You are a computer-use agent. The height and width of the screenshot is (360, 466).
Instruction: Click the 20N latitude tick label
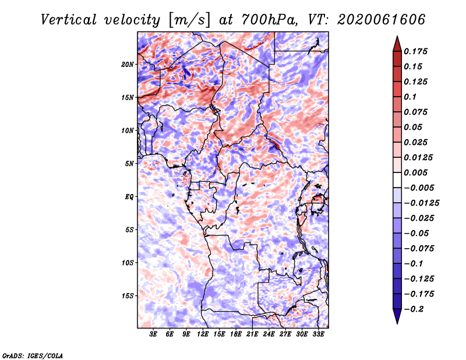tap(128, 65)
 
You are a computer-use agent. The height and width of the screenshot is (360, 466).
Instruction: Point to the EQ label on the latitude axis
tap(129, 197)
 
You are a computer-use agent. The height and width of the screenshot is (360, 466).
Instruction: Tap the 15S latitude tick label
tap(128, 296)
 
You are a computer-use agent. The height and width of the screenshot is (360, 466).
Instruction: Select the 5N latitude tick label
tap(129, 164)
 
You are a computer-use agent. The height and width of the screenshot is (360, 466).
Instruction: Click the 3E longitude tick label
tap(153, 334)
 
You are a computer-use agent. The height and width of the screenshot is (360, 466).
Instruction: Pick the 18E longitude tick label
tap(236, 334)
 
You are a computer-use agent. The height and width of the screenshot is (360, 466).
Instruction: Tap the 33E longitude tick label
tap(318, 334)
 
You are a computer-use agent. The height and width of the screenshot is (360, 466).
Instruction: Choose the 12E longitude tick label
tap(203, 334)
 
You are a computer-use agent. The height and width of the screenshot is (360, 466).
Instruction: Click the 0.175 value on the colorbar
tap(415, 51)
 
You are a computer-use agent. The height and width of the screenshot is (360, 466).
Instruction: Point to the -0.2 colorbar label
tap(414, 309)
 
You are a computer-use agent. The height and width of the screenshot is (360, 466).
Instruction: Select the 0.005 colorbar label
tap(415, 172)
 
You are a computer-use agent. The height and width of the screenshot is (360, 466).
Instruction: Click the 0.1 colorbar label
tap(410, 97)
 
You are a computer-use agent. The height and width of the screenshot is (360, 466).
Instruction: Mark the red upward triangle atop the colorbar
tap(397, 44)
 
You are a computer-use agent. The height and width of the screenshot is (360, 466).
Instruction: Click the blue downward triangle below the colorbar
tap(397, 316)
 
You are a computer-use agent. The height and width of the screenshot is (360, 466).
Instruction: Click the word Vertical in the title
tap(69, 20)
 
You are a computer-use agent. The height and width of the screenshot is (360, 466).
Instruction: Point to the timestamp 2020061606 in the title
tap(382, 20)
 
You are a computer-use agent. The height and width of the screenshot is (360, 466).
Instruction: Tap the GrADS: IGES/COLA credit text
tap(33, 356)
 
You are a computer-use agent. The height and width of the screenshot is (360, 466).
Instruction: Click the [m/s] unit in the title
tap(189, 20)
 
